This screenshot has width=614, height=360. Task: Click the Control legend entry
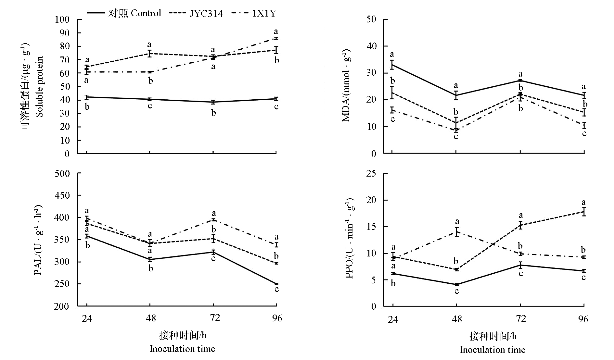point(124,13)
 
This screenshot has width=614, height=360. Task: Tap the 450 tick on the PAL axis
point(62,195)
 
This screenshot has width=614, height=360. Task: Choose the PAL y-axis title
point(38,240)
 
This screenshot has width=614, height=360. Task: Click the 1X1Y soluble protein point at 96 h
point(276,38)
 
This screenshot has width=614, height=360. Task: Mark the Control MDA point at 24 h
point(392,65)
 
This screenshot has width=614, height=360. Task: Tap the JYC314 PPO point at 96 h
point(584,212)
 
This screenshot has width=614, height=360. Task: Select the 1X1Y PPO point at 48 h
point(456,232)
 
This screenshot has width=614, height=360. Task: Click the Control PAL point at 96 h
point(276,284)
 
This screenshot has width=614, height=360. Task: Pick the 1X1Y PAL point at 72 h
point(213,220)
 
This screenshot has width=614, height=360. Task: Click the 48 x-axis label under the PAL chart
point(151,318)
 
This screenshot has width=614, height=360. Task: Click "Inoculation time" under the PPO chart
point(492,350)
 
